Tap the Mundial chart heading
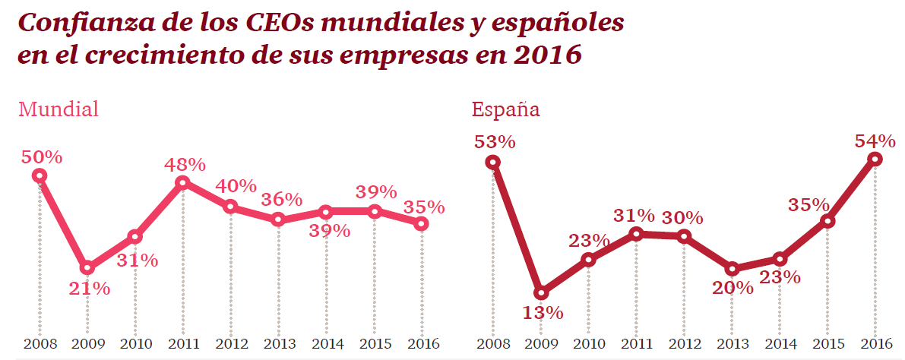pos(59,109)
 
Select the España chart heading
pos(505,109)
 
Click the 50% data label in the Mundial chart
pos(41,157)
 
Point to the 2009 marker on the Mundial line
pos(87,267)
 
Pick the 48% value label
pos(185,164)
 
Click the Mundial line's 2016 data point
pos(422,223)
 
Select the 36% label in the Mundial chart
pos(281,200)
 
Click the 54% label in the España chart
pos(875,141)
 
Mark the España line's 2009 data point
pos(541,293)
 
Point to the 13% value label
pos(542,312)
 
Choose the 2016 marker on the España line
pos(875,159)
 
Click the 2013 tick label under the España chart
pos(732,344)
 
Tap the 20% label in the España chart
pos(733,288)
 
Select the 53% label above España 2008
pos(495,142)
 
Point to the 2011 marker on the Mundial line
pos(182,182)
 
